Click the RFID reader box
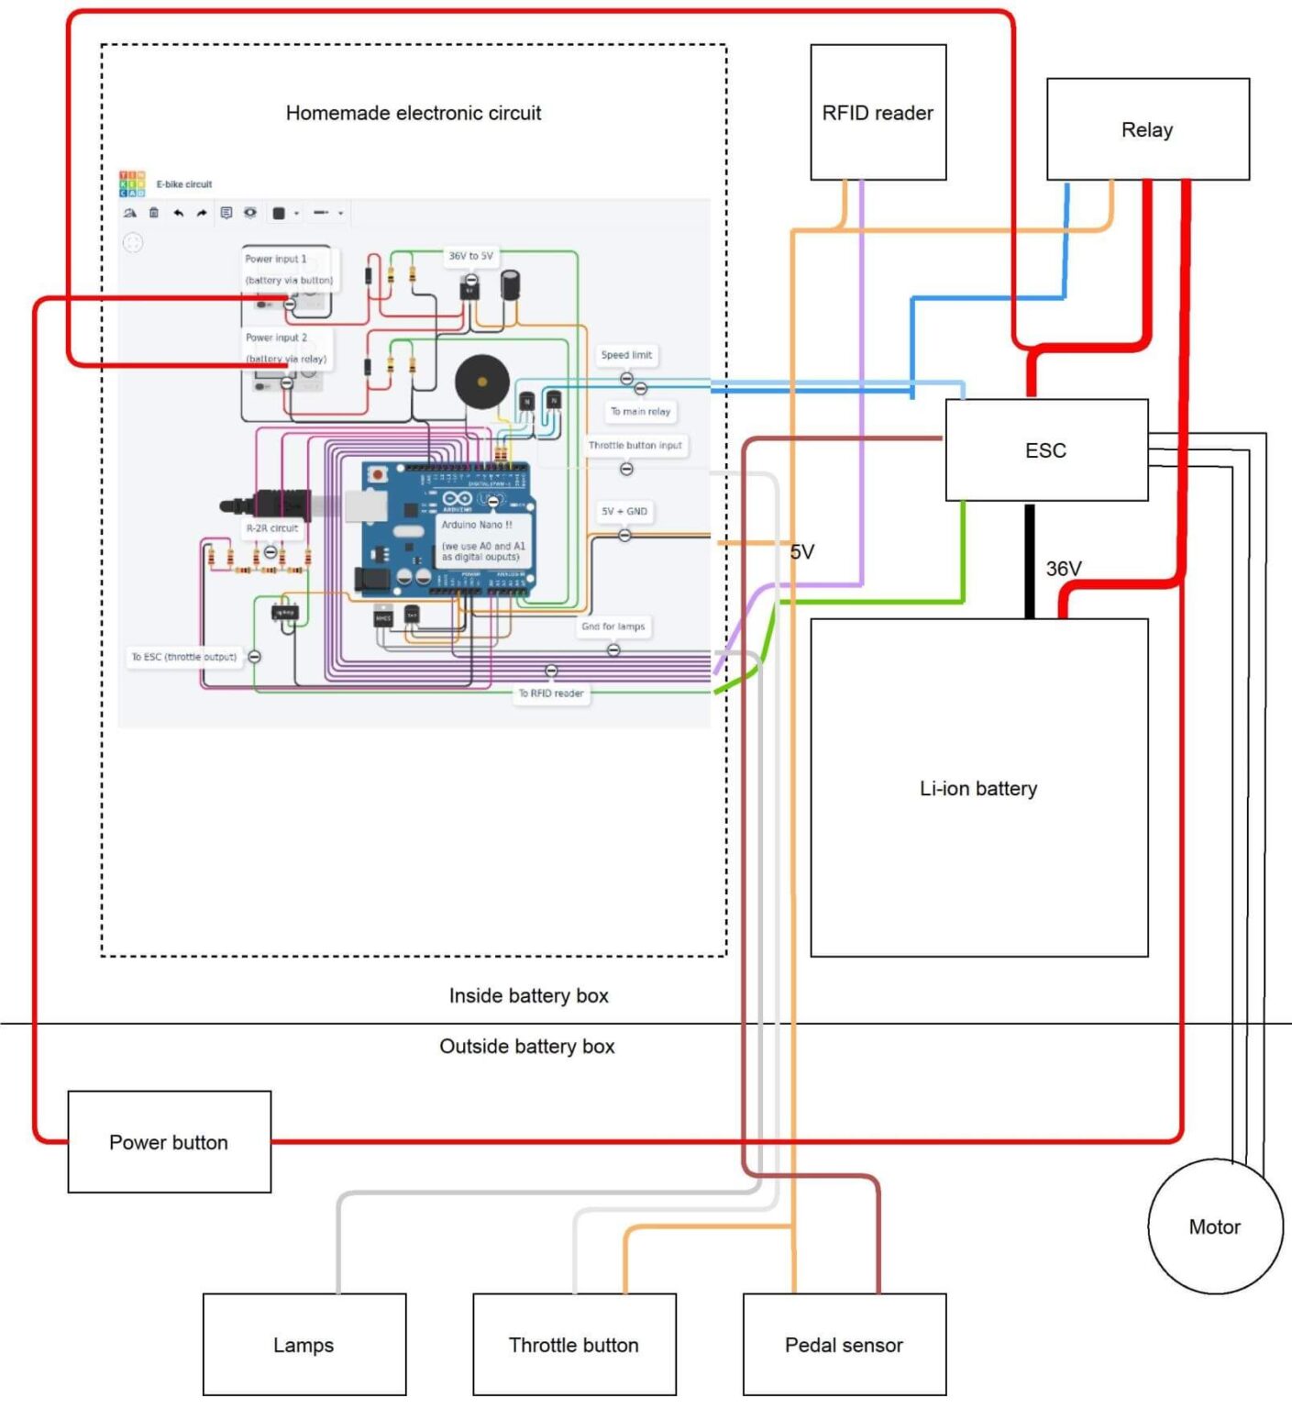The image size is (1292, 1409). click(878, 112)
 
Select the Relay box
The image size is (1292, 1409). click(1147, 129)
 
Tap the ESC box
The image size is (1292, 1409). click(1046, 449)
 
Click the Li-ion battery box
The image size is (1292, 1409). click(978, 788)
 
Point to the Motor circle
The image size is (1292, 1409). click(1214, 1226)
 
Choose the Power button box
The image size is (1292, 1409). click(169, 1142)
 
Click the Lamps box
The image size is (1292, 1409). click(304, 1345)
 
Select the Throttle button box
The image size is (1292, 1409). click(574, 1345)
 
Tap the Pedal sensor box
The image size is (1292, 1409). click(844, 1345)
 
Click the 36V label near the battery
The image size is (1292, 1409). click(1064, 569)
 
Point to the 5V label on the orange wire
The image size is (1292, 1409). click(802, 551)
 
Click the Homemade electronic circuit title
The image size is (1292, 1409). click(414, 113)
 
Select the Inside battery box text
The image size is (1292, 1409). click(528, 995)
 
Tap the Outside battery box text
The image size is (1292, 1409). click(527, 1046)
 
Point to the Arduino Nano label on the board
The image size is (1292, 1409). click(477, 525)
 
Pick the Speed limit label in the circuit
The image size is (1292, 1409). click(627, 355)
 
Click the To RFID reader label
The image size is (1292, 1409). click(551, 693)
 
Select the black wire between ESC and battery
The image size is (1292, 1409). click(1030, 560)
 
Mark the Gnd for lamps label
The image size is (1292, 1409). click(613, 627)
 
